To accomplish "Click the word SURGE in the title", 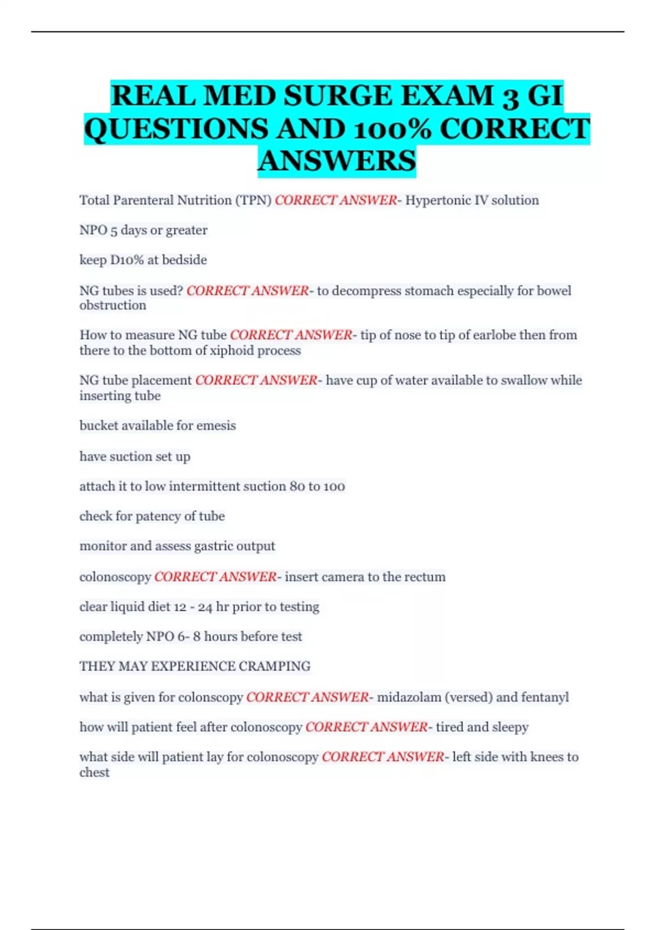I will point(338,96).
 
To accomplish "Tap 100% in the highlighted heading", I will point(393,129).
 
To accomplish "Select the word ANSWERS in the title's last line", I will point(337,161).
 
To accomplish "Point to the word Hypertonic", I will point(437,200).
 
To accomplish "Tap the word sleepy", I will point(511,727).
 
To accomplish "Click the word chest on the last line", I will point(94,772).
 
